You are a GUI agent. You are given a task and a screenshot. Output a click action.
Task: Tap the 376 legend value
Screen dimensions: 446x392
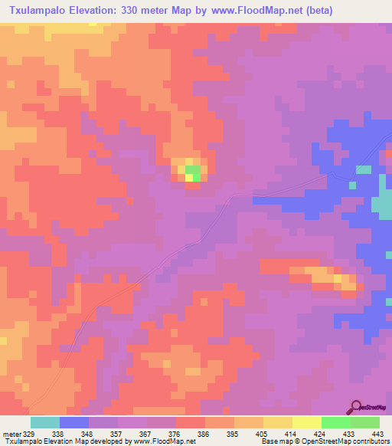tap(175, 433)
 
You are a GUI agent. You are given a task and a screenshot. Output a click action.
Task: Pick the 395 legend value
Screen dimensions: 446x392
tap(234, 433)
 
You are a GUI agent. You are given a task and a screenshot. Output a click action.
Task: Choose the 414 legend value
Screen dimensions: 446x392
tap(291, 433)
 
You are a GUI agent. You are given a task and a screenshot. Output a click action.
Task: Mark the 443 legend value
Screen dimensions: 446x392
tap(378, 433)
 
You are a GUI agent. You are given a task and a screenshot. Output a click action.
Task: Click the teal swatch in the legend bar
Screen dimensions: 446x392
tap(45, 422)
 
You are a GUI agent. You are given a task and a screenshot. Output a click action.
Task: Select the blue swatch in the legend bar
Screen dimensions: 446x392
tap(74, 422)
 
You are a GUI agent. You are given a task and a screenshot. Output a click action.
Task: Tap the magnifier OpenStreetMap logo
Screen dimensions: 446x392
tap(358, 407)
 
